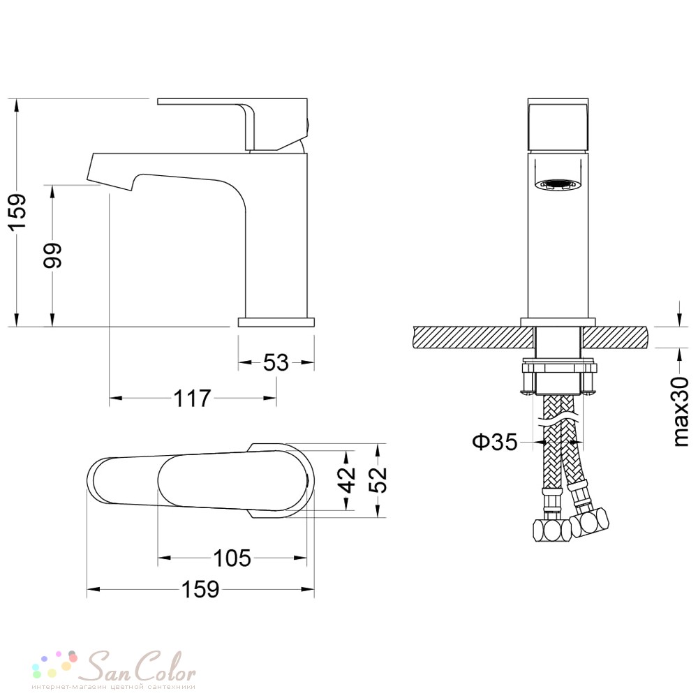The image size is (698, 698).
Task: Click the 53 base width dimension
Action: click(276, 363)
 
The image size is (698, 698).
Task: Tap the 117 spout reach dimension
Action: click(192, 398)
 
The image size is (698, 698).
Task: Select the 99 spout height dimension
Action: click(52, 255)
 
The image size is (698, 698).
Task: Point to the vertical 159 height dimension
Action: click(18, 212)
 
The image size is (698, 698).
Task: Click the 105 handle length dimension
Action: click(232, 558)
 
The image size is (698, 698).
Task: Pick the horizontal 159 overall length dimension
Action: click(200, 589)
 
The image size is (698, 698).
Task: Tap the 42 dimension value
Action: click(347, 480)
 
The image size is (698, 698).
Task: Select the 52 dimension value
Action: click(378, 480)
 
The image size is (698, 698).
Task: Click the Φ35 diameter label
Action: click(495, 442)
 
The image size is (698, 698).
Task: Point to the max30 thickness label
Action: click(680, 411)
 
